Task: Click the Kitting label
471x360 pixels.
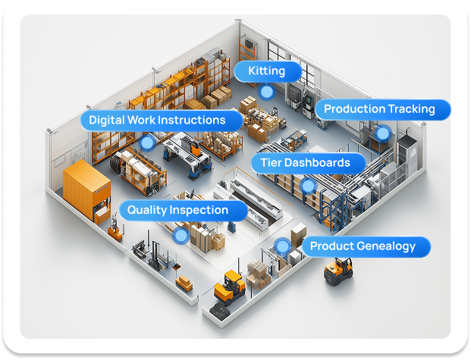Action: click(x=266, y=72)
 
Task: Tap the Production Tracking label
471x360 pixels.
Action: click(x=379, y=109)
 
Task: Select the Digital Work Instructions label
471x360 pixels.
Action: click(x=157, y=121)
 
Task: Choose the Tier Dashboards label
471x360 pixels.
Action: click(x=305, y=163)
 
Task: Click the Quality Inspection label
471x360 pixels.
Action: click(x=177, y=210)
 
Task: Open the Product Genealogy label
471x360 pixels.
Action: click(x=363, y=246)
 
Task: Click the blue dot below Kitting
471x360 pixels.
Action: click(x=266, y=92)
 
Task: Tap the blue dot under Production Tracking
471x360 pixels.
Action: click(x=383, y=133)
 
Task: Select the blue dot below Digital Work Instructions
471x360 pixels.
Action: click(x=147, y=142)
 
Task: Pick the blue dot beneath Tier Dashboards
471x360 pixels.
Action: click(x=307, y=184)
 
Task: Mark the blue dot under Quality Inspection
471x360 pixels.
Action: click(x=181, y=235)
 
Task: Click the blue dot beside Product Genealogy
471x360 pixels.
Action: click(x=283, y=246)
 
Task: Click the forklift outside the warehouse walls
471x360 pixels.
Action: click(x=338, y=270)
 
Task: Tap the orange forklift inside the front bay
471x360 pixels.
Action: click(x=228, y=286)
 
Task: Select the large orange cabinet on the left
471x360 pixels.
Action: click(x=86, y=190)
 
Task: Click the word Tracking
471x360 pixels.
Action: click(x=410, y=109)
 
